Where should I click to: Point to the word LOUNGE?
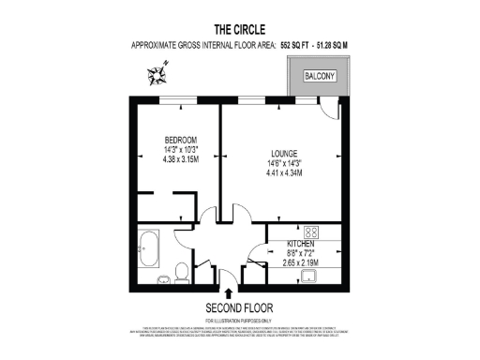pos(284,153)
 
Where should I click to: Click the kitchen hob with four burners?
pos(312,232)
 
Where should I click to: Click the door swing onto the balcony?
pos(328,109)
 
